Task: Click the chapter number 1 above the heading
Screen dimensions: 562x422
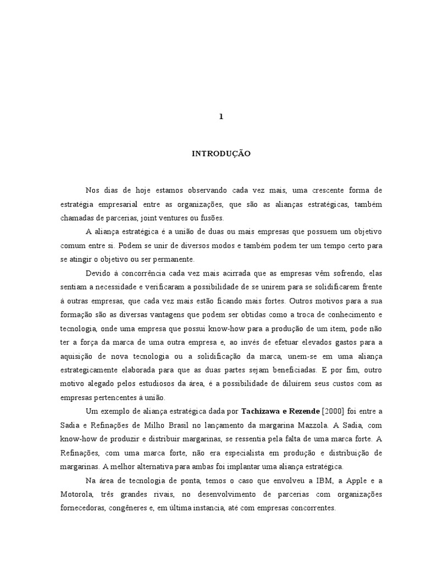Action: pyautogui.click(x=221, y=117)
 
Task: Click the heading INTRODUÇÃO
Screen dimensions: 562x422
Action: pyautogui.click(x=221, y=154)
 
